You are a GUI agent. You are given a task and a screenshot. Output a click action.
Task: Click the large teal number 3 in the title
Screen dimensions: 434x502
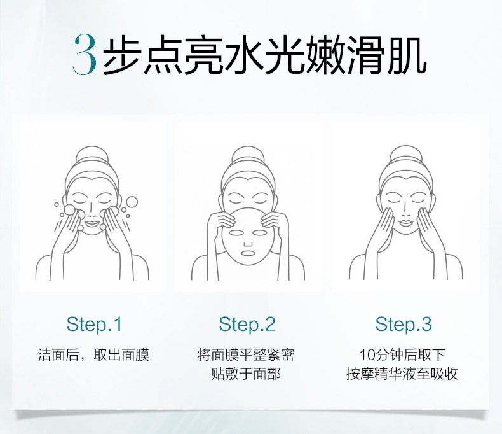point(85,55)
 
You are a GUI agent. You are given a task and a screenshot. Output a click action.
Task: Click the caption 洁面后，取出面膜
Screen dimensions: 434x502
point(93,354)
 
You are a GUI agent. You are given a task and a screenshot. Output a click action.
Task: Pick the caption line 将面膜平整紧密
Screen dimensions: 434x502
point(246,354)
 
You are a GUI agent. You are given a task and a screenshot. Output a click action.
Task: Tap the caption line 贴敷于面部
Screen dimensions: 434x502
point(246,374)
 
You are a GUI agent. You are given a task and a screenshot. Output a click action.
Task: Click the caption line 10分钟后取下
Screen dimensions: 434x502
point(402,354)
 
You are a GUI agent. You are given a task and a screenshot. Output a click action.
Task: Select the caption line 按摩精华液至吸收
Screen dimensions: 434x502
point(402,374)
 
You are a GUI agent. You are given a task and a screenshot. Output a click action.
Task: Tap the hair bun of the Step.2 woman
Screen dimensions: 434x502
point(246,155)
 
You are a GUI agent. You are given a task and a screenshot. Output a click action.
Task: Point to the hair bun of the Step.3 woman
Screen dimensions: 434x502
point(404,155)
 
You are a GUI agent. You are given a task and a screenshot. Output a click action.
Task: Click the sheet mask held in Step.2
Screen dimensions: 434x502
point(246,242)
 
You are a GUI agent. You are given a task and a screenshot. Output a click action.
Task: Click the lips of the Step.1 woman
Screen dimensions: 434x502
point(92,223)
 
